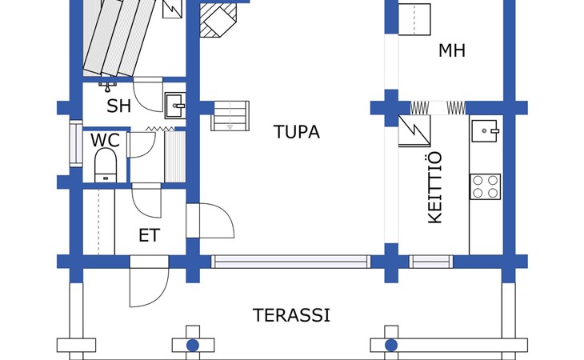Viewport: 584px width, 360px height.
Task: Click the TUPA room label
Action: click(297, 132)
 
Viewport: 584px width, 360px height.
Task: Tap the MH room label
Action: click(452, 50)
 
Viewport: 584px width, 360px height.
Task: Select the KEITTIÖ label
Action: click(435, 187)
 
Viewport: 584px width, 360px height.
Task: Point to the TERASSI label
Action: click(292, 315)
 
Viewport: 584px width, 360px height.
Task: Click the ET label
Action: click(150, 235)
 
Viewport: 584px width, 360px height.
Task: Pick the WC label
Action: click(105, 140)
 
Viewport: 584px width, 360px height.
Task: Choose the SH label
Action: click(119, 106)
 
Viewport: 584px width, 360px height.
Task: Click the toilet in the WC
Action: click(106, 165)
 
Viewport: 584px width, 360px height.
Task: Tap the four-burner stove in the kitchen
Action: click(485, 186)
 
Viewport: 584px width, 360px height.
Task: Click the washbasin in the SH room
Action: click(175, 106)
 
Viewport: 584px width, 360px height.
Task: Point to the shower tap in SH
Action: click(108, 86)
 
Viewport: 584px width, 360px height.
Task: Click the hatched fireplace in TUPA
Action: click(218, 20)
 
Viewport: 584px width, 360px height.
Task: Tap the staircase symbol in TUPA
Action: click(230, 116)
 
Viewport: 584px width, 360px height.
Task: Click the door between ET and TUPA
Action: click(210, 221)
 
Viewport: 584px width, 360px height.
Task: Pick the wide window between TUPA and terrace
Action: click(291, 262)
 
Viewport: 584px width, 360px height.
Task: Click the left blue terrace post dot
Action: click(193, 346)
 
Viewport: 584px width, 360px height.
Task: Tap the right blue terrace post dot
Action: click(391, 346)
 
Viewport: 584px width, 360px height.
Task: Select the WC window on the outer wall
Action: click(76, 144)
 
